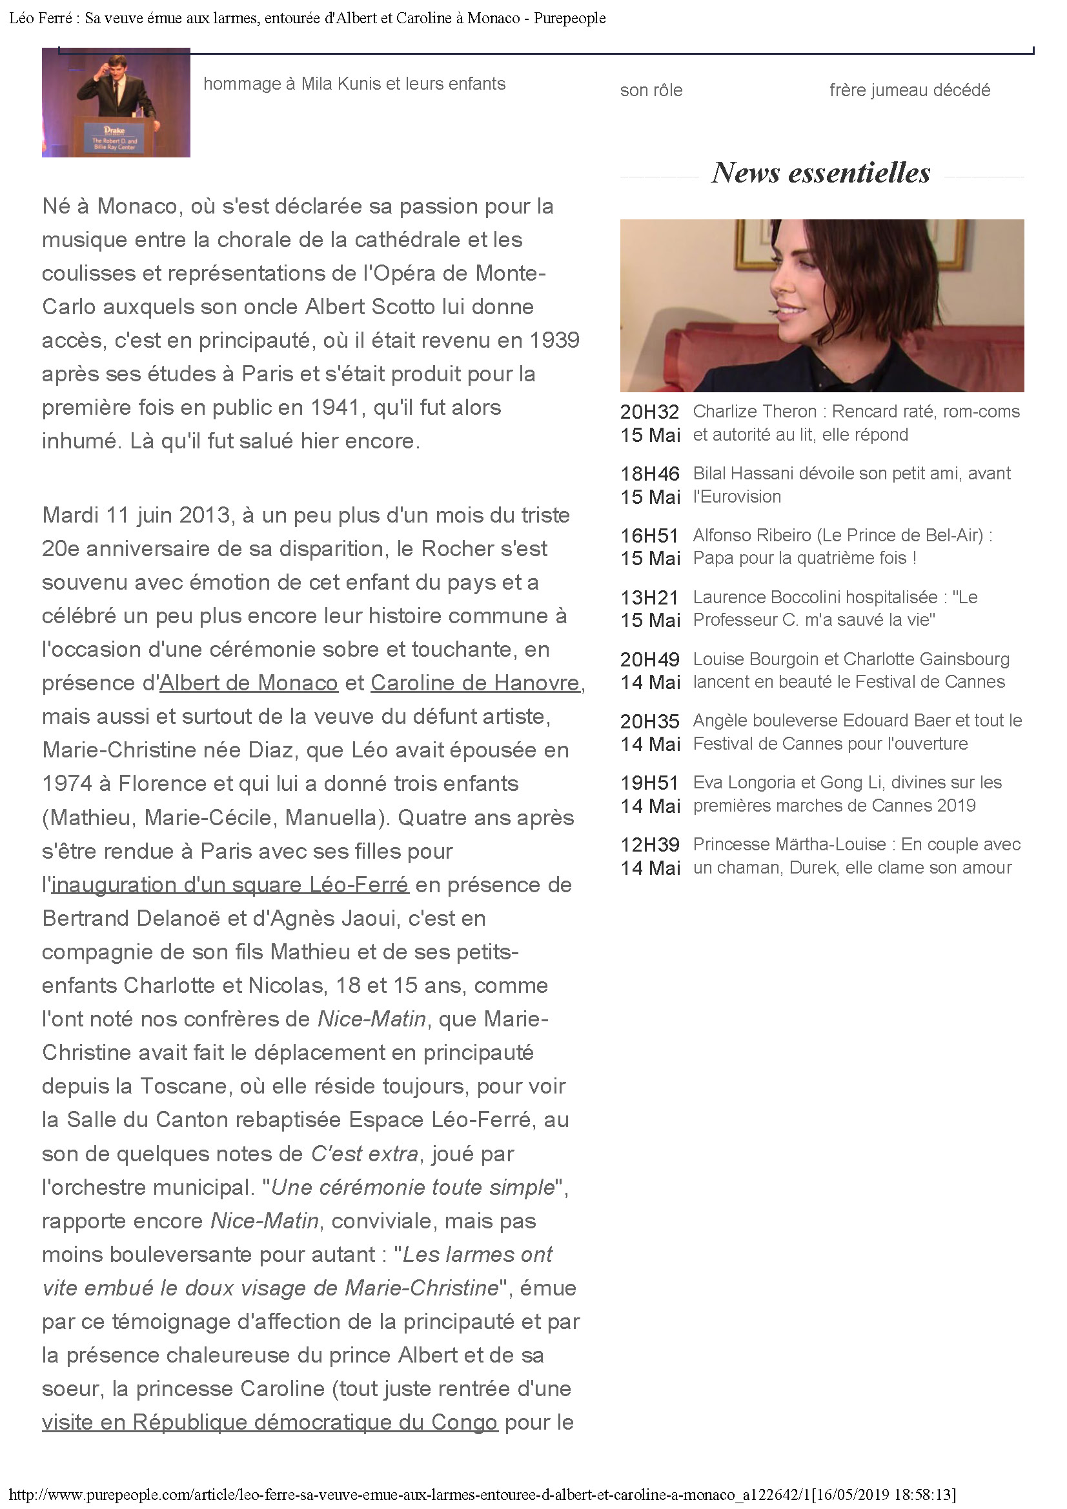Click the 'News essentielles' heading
pyautogui.click(x=820, y=173)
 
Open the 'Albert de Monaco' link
pyautogui.click(x=249, y=683)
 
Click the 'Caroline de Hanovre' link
pyautogui.click(x=474, y=683)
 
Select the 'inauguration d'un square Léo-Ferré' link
pyautogui.click(x=230, y=884)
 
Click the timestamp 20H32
pyautogui.click(x=649, y=412)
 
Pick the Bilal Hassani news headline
pyautogui.click(x=851, y=485)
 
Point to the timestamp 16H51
pyautogui.click(x=649, y=535)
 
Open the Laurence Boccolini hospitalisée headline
pyautogui.click(x=835, y=608)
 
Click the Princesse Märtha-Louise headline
pyautogui.click(x=856, y=855)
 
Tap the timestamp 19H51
pyautogui.click(x=649, y=783)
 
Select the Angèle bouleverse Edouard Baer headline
pyautogui.click(x=857, y=732)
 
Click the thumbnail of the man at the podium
pyautogui.click(x=116, y=103)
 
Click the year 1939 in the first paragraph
pyautogui.click(x=554, y=340)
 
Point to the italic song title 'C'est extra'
pyautogui.click(x=364, y=1154)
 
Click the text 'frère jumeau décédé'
pyautogui.click(x=909, y=90)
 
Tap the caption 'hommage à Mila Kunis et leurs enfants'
pyautogui.click(x=354, y=83)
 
